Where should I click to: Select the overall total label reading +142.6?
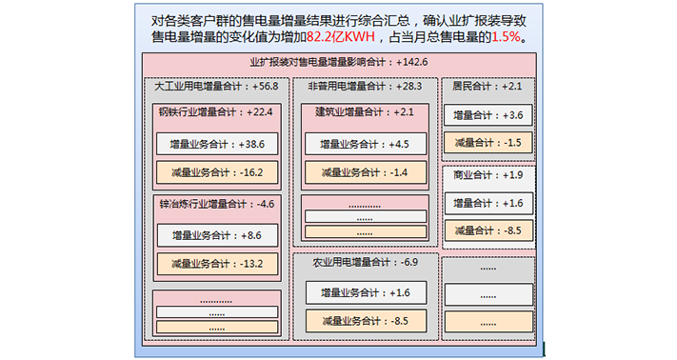[x=338, y=63]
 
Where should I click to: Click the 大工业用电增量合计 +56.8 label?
[x=216, y=87]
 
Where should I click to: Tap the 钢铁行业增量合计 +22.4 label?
[x=216, y=111]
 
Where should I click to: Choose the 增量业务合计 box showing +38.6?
[x=216, y=145]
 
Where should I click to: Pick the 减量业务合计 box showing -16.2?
[x=216, y=173]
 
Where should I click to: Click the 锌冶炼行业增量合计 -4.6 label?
[x=216, y=203]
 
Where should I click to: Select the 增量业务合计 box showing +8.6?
[x=216, y=235]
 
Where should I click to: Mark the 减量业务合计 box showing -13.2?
[x=216, y=264]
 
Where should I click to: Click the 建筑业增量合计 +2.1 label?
[x=366, y=111]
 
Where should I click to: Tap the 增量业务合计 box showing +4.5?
[x=366, y=145]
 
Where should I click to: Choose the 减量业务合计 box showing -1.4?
[x=366, y=173]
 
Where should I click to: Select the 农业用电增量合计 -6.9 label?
[x=366, y=261]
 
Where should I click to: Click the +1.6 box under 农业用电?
[x=366, y=292]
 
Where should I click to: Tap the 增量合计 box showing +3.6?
[x=488, y=115]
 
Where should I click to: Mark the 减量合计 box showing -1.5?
[x=488, y=143]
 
